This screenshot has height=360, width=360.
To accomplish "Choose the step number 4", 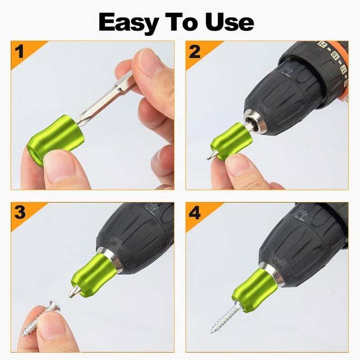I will [194, 212].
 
